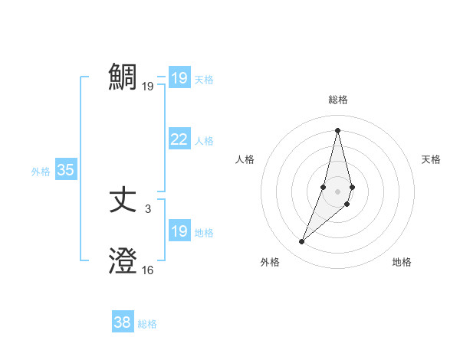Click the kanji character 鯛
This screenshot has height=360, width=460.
[123, 77]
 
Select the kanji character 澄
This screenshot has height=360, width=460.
[123, 261]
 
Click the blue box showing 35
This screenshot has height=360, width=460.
[65, 170]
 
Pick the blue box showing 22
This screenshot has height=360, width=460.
[179, 139]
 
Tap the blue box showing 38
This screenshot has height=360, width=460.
[123, 322]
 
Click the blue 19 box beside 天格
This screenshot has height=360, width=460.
[179, 78]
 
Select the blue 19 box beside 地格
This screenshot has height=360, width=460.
[179, 231]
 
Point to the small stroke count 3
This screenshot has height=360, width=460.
[148, 208]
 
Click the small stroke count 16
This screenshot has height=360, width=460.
[148, 270]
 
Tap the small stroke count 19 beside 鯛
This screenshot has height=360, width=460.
[148, 86]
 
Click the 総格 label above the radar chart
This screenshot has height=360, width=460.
[338, 100]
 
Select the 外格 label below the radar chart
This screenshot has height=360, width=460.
[270, 263]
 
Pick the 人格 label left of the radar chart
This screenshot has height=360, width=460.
[245, 159]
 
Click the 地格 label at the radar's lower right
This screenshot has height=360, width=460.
[402, 263]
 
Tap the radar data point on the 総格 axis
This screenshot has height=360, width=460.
[337, 130]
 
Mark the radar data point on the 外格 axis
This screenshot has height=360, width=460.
[302, 242]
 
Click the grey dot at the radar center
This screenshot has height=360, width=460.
[338, 191]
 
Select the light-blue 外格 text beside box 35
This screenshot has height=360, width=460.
[41, 172]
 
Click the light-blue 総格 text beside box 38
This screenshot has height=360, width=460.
[147, 324]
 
